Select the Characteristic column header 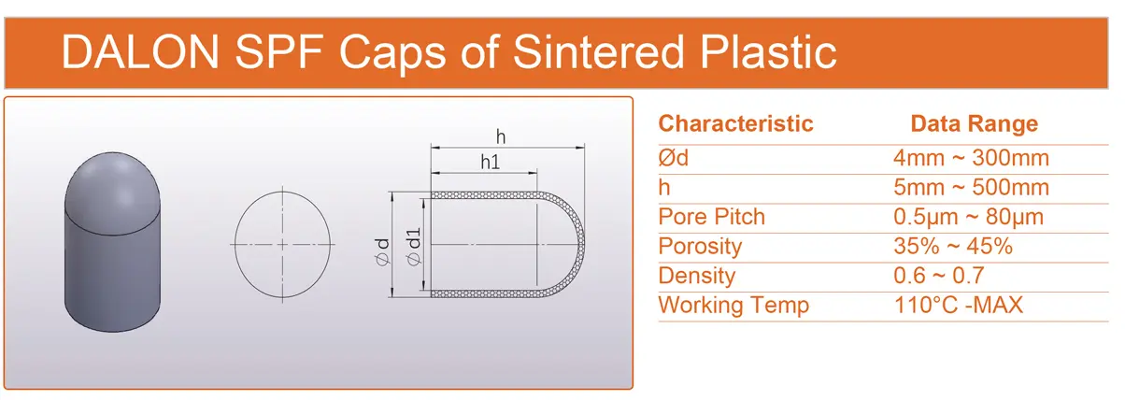pyautogui.click(x=735, y=124)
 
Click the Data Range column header pyautogui.click(x=974, y=124)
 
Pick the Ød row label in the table pyautogui.click(x=674, y=158)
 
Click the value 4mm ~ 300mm pyautogui.click(x=971, y=158)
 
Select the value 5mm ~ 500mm pyautogui.click(x=971, y=188)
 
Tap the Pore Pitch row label pyautogui.click(x=711, y=217)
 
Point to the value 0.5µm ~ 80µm pyautogui.click(x=968, y=217)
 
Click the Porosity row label pyautogui.click(x=700, y=247)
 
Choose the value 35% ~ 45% pyautogui.click(x=953, y=247)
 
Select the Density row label pyautogui.click(x=696, y=276)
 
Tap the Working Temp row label pyautogui.click(x=733, y=306)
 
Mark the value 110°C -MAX pyautogui.click(x=959, y=306)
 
